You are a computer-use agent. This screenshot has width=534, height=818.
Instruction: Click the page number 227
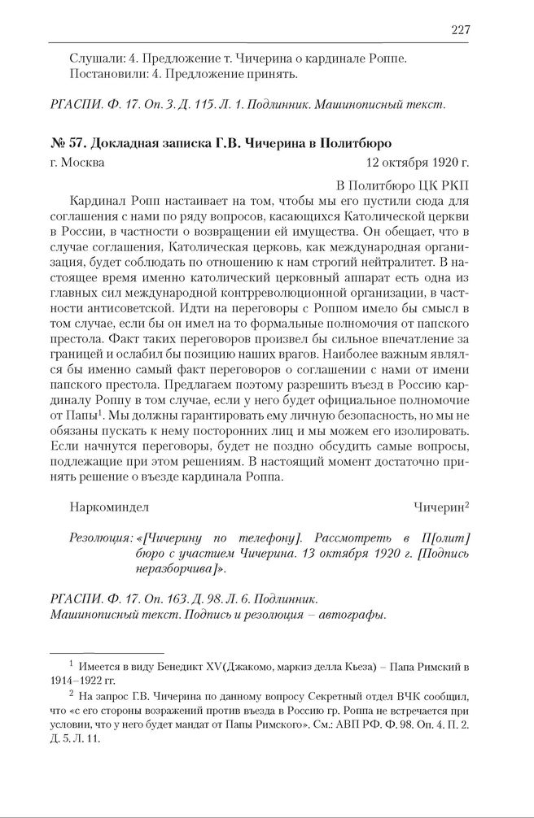461,30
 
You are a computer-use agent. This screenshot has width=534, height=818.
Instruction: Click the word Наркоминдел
110,507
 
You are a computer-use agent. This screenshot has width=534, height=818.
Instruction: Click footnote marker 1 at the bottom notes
72,665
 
